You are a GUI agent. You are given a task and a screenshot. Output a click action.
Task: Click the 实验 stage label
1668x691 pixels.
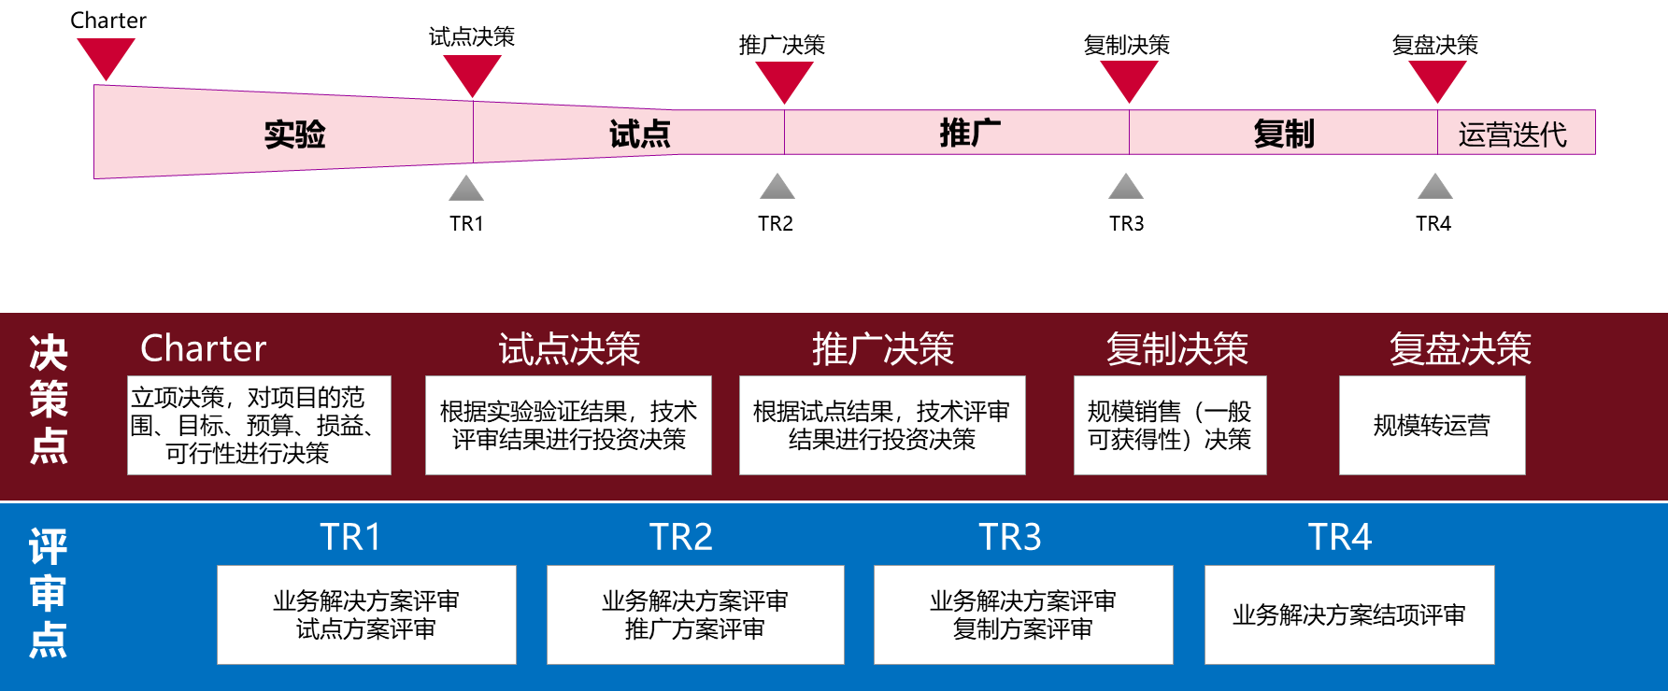[x=294, y=134]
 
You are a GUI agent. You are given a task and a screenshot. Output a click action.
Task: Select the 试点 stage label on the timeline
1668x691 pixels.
[x=640, y=134]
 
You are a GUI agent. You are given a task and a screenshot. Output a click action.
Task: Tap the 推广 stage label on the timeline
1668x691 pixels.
[x=970, y=133]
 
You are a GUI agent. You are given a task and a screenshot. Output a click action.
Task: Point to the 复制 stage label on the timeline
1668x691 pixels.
[x=1284, y=134]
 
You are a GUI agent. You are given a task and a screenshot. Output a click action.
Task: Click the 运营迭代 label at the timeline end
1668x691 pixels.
[x=1512, y=134]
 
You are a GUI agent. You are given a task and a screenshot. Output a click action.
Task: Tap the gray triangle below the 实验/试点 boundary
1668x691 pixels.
[x=466, y=189]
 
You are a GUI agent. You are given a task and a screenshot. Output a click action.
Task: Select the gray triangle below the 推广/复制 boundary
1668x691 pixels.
[x=1126, y=188]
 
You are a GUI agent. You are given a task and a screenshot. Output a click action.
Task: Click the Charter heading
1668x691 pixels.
[x=203, y=348]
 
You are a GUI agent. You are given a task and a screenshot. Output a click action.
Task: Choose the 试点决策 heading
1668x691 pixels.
[x=569, y=349]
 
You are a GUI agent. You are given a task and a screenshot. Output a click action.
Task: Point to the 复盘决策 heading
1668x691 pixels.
[x=1460, y=349]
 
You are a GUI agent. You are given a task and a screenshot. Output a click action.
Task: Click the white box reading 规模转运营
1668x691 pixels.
[x=1432, y=426]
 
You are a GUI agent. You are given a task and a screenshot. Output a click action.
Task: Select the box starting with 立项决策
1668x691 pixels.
[x=259, y=426]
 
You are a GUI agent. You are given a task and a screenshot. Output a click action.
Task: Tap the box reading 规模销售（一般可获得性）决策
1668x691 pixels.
[x=1170, y=426]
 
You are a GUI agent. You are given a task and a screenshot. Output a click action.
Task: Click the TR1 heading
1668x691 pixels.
[x=350, y=537]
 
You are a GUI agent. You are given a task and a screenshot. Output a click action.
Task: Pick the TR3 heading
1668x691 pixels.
[x=1009, y=537]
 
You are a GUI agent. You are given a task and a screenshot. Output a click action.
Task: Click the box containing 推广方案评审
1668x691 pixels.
[x=695, y=615]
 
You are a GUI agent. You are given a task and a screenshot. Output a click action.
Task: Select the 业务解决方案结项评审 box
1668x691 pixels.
[x=1348, y=615]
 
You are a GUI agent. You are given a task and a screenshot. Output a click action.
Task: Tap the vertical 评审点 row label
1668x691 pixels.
[x=48, y=593]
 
